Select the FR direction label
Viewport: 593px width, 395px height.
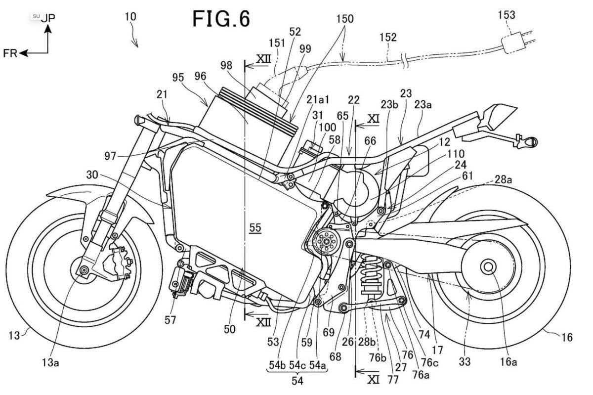[x=10, y=53]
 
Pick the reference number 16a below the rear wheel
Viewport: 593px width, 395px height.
[x=508, y=362]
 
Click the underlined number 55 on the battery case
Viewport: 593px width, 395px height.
[x=255, y=228]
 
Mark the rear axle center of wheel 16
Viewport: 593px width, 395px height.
[x=488, y=267]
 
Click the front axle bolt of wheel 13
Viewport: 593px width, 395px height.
[x=83, y=269]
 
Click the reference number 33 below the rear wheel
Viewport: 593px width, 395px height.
[x=464, y=362]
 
